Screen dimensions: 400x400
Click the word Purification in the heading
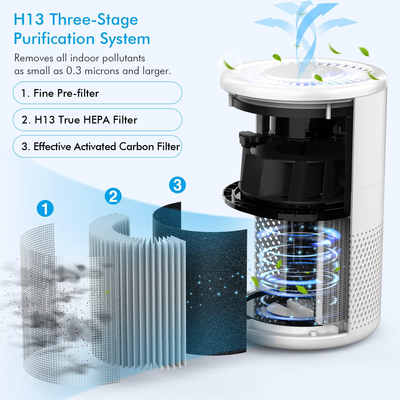coord(52,39)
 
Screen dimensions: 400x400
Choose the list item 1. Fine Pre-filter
coord(97,93)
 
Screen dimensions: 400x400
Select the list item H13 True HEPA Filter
coord(97,120)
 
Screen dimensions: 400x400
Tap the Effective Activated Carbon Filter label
coord(97,146)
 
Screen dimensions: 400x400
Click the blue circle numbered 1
coord(45,208)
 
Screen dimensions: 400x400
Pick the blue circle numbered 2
coord(113,196)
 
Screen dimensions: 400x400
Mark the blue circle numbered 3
coord(177,185)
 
